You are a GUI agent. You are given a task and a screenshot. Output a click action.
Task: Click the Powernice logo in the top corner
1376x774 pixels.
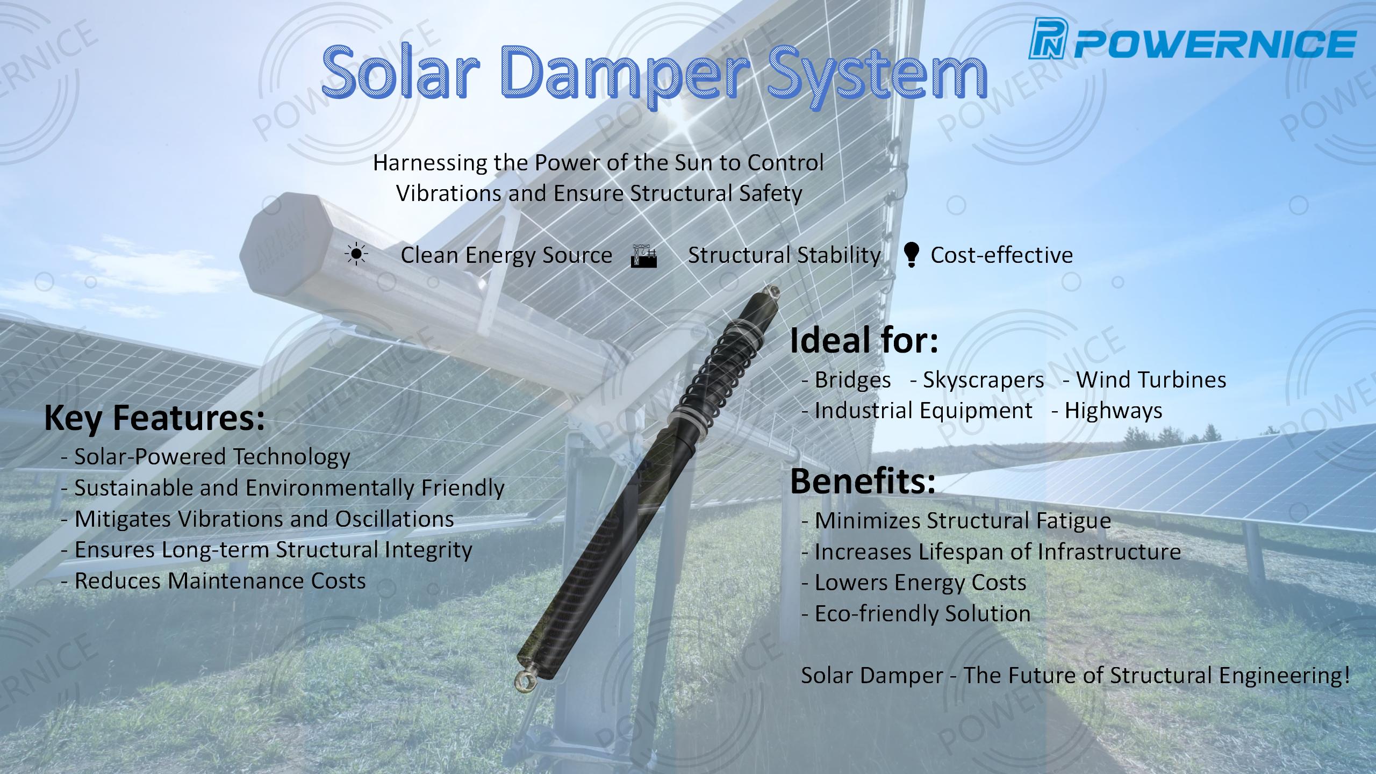1192,45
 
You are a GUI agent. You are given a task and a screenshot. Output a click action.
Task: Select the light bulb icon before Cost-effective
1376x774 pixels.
911,255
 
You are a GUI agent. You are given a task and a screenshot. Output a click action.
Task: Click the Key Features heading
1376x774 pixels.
154,418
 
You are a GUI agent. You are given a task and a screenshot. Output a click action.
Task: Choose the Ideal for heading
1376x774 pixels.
864,341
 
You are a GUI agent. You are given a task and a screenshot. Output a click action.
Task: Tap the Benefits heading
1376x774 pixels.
863,481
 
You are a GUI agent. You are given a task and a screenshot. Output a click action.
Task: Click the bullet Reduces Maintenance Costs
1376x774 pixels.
214,580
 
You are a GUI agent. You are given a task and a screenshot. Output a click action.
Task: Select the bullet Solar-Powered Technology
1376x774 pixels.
206,457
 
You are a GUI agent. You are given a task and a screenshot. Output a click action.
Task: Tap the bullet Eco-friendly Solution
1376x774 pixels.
916,613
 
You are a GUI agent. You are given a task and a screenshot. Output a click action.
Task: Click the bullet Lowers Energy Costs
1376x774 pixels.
914,583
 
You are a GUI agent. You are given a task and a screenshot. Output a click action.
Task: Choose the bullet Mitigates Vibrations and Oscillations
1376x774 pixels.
258,519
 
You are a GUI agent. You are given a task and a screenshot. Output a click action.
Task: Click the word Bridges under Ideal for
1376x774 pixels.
852,380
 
